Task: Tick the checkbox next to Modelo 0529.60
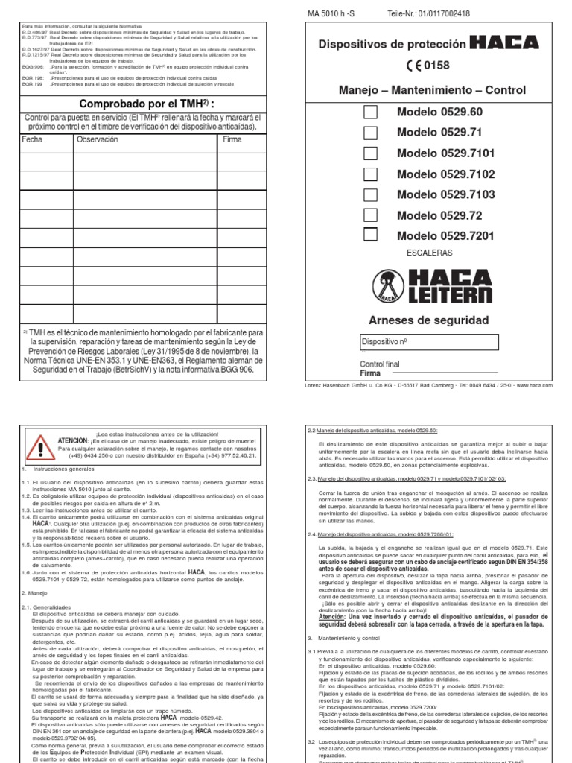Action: (x=370, y=112)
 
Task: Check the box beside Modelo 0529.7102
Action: (x=370, y=174)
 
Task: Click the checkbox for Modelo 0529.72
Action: (x=370, y=215)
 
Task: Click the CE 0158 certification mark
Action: (x=428, y=66)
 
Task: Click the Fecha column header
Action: (x=33, y=139)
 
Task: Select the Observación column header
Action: (x=97, y=139)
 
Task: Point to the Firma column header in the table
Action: (x=233, y=139)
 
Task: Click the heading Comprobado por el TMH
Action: (x=142, y=103)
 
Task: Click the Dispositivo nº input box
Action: (x=430, y=341)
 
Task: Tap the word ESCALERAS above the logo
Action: (x=430, y=253)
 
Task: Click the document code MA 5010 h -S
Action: (x=331, y=13)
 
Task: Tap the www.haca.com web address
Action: (x=534, y=386)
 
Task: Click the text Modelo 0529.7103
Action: (x=445, y=195)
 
